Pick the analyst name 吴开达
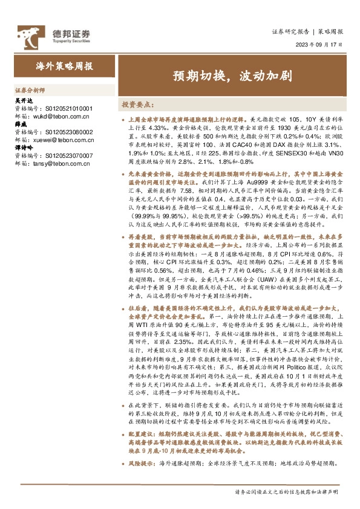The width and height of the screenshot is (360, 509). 22,100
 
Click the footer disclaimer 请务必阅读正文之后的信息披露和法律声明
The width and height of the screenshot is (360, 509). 289,491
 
